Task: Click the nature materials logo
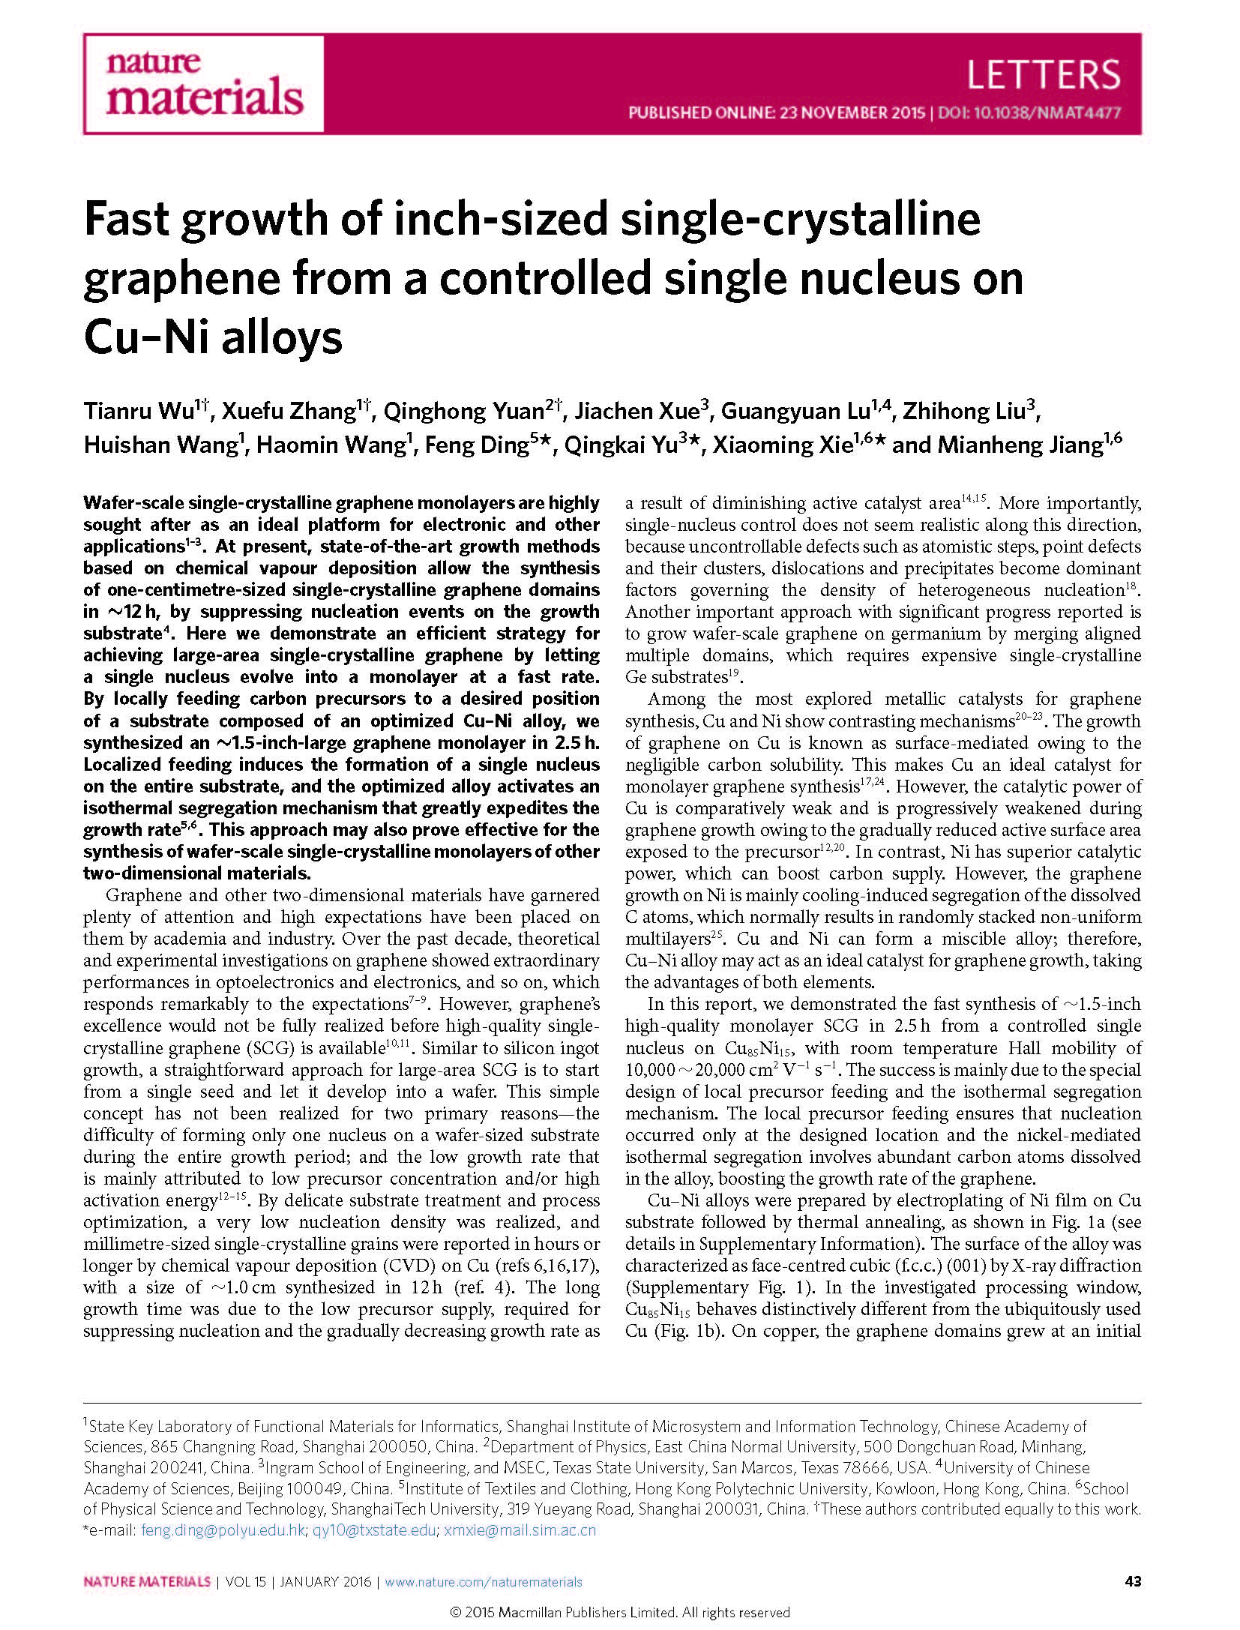tap(203, 84)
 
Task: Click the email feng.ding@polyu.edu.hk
tap(223, 1530)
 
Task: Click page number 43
tap(1133, 1582)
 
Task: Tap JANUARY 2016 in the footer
tap(326, 1582)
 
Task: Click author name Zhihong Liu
tap(965, 412)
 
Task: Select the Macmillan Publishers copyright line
tap(619, 1612)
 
